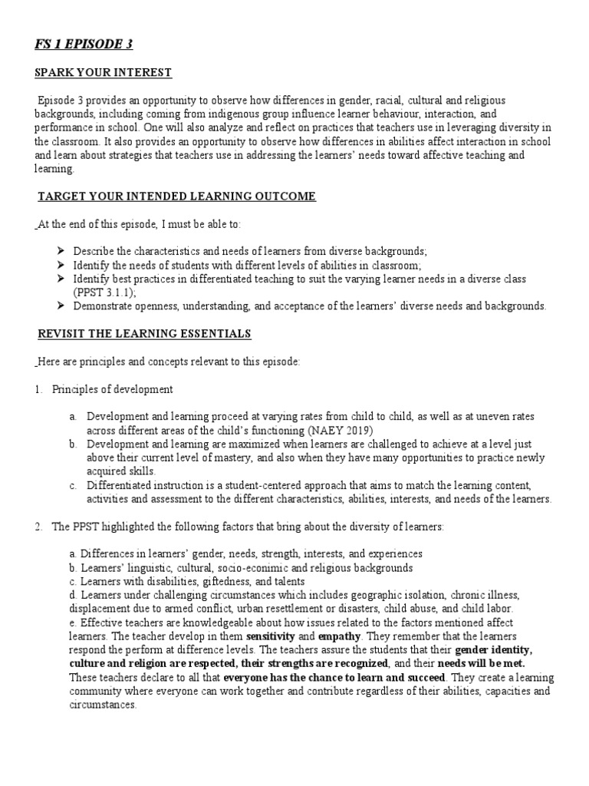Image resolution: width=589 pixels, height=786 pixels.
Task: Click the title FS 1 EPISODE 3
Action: [84, 45]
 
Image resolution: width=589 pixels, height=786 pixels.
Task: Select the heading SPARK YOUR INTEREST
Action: [104, 73]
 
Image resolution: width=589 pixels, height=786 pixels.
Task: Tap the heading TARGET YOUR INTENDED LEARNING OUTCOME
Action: [176, 196]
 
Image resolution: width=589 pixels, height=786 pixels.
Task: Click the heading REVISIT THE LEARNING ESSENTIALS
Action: [145, 334]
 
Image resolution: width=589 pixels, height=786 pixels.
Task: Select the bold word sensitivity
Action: [268, 636]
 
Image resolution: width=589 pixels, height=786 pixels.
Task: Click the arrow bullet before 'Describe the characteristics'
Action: [61, 252]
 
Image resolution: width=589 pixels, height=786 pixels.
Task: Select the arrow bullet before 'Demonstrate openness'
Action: [61, 306]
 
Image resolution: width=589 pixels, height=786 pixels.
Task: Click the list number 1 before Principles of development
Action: [38, 389]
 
